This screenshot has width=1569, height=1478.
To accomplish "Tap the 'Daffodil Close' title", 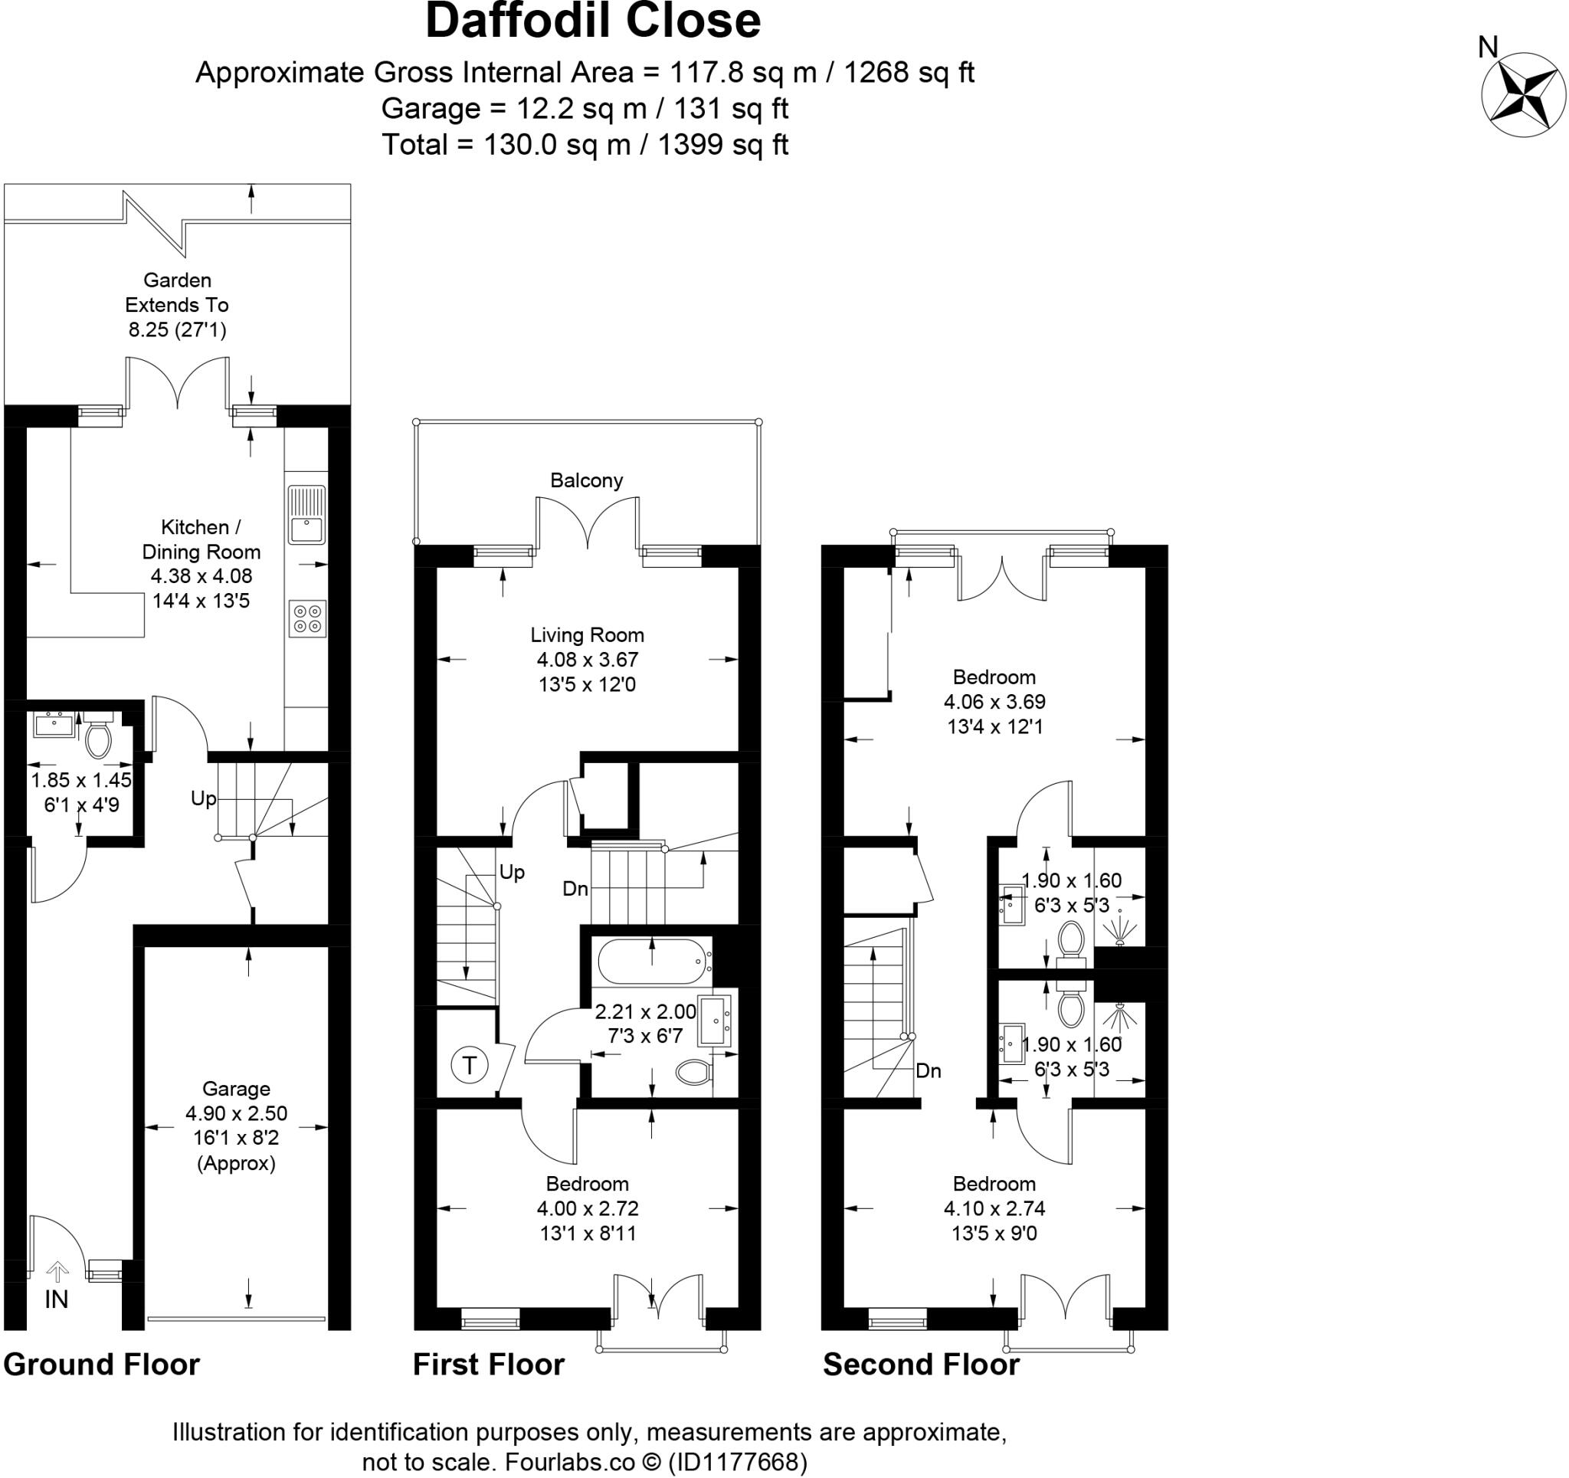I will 593,21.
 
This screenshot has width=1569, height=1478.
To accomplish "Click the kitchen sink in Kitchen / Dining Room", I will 306,514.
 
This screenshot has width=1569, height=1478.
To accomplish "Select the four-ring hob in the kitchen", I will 307,619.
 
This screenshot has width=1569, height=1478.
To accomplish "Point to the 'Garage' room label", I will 236,1089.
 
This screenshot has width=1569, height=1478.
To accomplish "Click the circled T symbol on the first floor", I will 470,1065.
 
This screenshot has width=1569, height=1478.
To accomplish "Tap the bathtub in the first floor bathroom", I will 651,961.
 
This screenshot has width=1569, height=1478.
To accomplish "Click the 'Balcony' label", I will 586,480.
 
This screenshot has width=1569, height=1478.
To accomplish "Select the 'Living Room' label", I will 586,634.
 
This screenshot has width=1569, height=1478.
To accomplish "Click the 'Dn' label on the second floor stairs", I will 928,1070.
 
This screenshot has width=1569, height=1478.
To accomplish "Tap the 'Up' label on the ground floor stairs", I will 203,798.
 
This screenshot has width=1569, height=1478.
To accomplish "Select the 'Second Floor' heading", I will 920,1365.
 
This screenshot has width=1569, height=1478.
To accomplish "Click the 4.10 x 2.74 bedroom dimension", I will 994,1208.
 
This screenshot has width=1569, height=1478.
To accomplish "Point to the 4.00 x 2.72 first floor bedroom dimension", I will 587,1208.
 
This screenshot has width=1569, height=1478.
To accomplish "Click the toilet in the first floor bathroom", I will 693,1071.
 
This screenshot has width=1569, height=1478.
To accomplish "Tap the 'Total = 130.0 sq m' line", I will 585,145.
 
